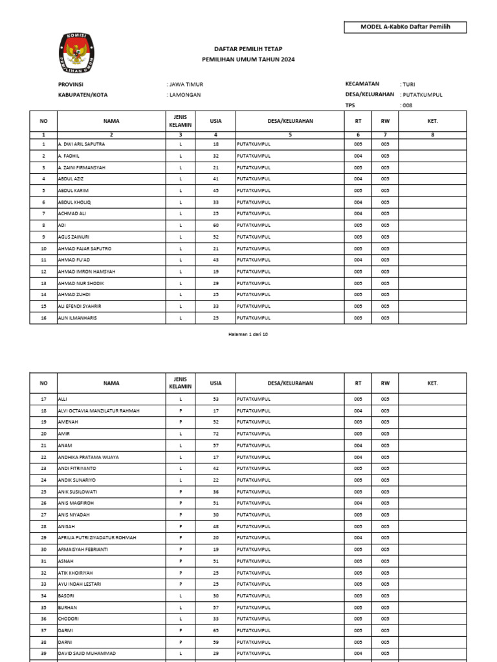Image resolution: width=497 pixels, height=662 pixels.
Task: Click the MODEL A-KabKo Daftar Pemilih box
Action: tap(405, 27)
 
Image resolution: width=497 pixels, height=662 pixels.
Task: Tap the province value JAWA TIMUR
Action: tap(186, 85)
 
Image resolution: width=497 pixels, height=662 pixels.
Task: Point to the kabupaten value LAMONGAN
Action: tap(185, 95)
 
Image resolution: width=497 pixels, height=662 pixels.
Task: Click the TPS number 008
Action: tap(407, 105)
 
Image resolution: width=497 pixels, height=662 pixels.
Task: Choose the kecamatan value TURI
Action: tap(408, 84)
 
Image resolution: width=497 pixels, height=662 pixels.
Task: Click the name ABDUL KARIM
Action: tap(73, 191)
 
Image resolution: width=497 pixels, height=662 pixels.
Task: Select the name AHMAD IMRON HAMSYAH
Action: tap(87, 272)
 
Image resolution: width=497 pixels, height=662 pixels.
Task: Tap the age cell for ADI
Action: tap(215, 225)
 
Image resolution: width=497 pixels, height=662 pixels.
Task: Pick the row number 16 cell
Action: tap(43, 318)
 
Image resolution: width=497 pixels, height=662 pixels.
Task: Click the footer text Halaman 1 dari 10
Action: tap(248, 334)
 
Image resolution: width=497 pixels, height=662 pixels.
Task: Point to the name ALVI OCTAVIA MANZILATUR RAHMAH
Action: tap(98, 411)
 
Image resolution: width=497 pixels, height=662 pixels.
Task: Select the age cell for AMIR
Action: tap(215, 434)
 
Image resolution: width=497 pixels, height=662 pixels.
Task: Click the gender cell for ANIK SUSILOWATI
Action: tap(181, 492)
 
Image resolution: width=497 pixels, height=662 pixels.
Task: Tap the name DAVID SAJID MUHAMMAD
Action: tap(87, 654)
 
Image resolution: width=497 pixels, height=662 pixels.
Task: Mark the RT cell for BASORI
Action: tap(358, 595)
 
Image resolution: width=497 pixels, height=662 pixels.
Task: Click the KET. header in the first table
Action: tap(433, 121)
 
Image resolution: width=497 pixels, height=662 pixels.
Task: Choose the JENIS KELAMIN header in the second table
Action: tap(181, 383)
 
